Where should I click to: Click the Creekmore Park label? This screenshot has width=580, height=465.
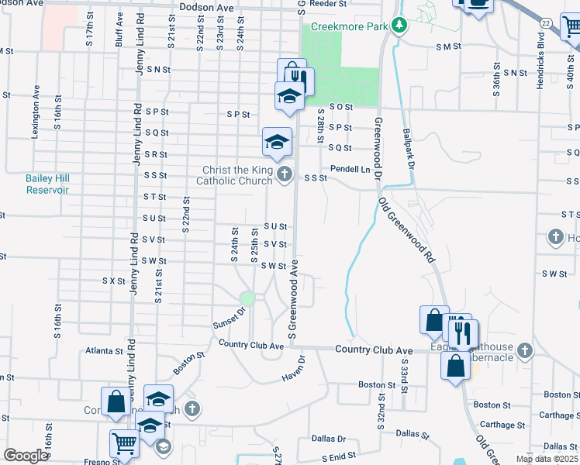(x=348, y=26)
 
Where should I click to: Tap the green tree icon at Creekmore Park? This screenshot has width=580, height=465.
(x=399, y=26)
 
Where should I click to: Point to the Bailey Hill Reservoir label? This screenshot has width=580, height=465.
(x=47, y=184)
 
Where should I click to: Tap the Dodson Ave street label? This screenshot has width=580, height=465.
(x=205, y=6)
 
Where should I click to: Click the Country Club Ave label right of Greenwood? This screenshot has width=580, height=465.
(x=374, y=350)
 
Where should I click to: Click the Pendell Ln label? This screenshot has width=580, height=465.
(x=350, y=169)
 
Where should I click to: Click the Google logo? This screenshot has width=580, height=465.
(x=26, y=456)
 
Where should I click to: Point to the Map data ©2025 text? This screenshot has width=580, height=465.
(x=547, y=459)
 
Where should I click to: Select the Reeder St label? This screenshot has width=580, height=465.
(x=328, y=4)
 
